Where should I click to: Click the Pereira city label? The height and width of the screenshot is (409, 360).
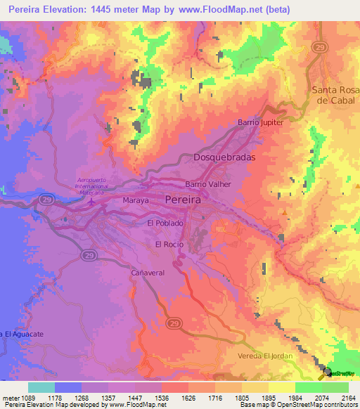coord(182,200)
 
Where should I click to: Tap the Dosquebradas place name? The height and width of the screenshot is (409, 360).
coord(224,158)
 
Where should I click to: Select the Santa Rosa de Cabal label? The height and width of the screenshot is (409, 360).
coord(335,95)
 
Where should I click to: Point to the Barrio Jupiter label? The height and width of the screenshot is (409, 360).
coord(260,122)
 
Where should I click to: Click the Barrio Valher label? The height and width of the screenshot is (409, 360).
coord(208,184)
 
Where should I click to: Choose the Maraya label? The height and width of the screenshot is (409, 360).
coord(137,200)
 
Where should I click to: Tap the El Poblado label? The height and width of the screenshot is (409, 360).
coord(165,223)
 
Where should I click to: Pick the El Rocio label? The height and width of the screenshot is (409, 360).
coord(169,244)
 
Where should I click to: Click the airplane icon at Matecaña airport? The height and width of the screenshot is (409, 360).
coord(91,202)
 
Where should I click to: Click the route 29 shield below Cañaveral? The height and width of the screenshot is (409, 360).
coord(174,323)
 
